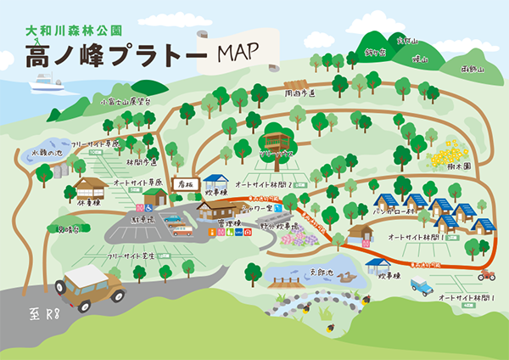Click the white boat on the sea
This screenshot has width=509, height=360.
click(48, 82)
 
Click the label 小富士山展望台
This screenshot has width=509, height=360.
click(126, 101)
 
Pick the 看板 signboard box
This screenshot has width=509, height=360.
click(184, 183)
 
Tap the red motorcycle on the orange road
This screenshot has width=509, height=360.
click(486, 275)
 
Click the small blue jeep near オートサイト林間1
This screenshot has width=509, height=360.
click(422, 287)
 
